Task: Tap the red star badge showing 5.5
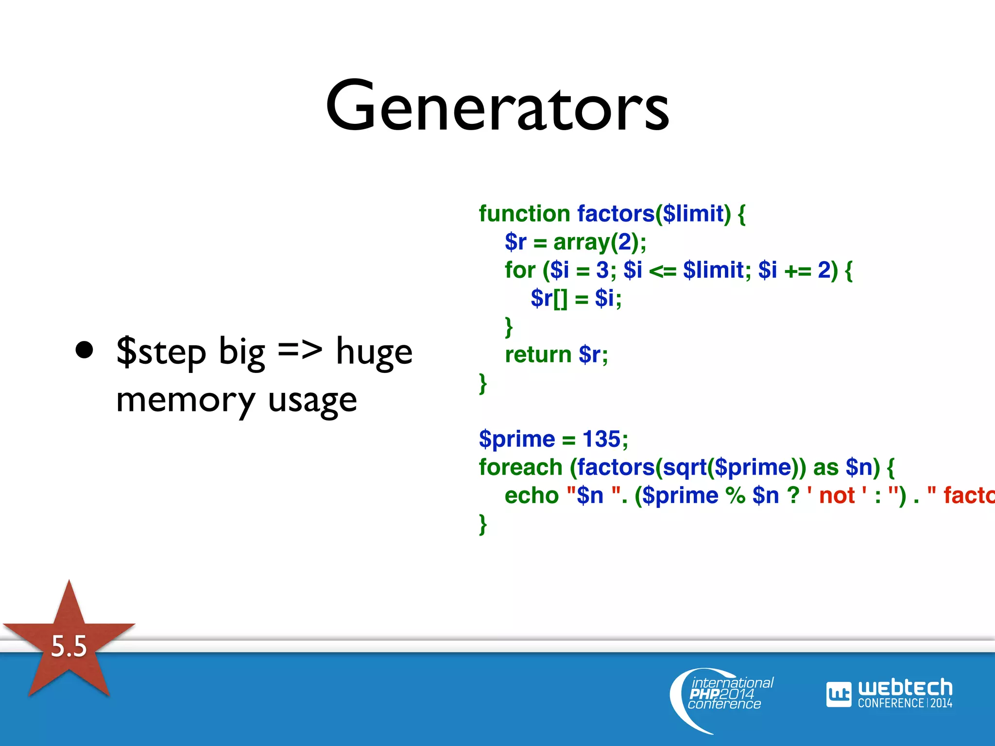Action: (69, 646)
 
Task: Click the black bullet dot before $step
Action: (85, 350)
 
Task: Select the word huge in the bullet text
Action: (374, 352)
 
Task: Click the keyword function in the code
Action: (524, 214)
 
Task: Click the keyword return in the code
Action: (538, 355)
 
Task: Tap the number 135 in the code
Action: (601, 439)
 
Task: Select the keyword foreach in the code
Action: (520, 467)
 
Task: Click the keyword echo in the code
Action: (532, 495)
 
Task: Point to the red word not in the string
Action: (837, 495)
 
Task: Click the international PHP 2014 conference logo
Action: (724, 695)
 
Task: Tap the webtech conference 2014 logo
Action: (889, 694)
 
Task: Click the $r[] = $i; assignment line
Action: (576, 298)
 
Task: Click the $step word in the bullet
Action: (161, 352)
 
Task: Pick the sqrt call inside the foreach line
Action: (685, 467)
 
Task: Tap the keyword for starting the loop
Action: (519, 270)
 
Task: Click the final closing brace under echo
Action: (482, 525)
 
